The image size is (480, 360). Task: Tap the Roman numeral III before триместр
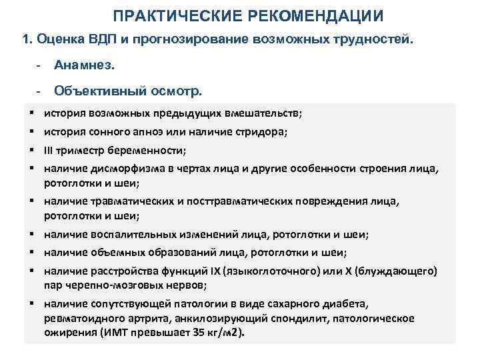[x=50, y=150]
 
